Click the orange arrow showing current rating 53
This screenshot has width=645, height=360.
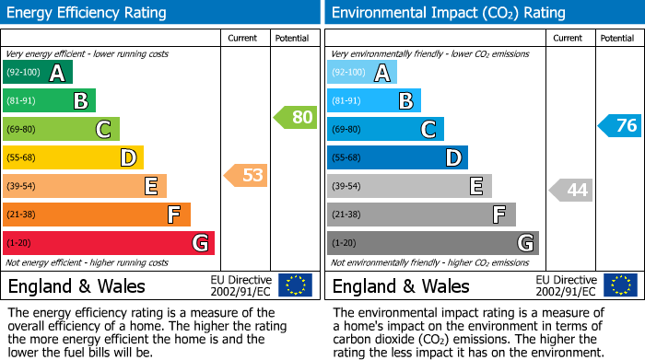(x=246, y=175)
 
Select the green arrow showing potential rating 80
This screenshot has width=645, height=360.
(x=295, y=118)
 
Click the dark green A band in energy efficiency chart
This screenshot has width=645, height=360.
(x=37, y=73)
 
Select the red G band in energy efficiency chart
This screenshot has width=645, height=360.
(x=109, y=243)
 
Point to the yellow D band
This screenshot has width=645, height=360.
(x=73, y=158)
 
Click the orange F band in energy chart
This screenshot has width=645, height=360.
(x=97, y=215)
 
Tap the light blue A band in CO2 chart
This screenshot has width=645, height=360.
(x=362, y=73)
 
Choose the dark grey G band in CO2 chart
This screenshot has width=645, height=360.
(x=432, y=243)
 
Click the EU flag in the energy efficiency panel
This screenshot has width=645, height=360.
(x=295, y=285)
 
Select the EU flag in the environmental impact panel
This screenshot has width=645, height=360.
(x=619, y=285)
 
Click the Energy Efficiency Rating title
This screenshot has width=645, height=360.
(x=88, y=13)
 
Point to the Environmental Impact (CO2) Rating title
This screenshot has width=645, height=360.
(x=448, y=13)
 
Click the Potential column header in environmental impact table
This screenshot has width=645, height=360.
(x=617, y=39)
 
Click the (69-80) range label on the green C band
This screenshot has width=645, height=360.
(x=23, y=130)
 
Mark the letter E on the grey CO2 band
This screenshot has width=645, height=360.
(x=476, y=187)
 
